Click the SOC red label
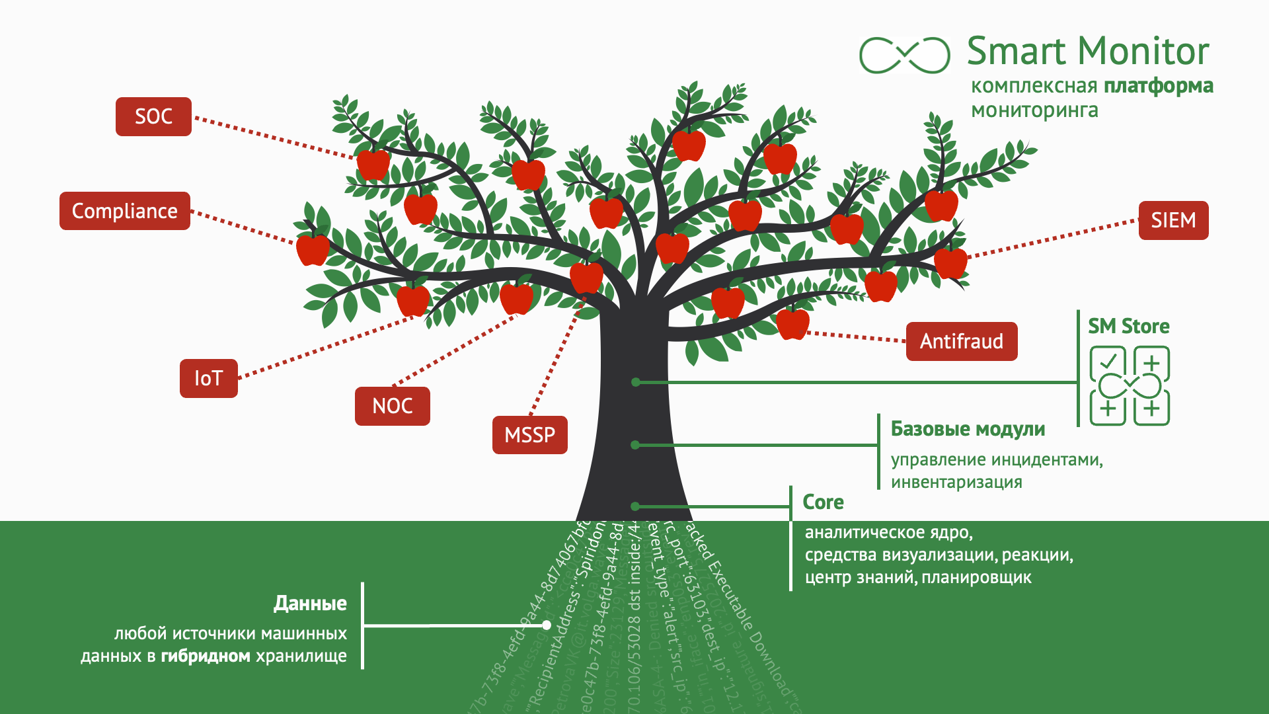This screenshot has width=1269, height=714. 153,117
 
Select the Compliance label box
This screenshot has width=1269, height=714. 124,211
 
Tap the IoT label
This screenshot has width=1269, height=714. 208,378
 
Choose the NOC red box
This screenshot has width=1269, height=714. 392,406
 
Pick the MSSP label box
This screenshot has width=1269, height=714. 529,435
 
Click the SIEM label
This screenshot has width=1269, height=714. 1173,220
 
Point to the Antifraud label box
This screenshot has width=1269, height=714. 961,341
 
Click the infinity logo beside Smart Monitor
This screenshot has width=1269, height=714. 904,54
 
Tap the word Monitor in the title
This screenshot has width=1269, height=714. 1145,52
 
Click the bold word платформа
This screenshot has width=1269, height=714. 1159,86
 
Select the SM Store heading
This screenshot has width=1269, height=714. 1128,327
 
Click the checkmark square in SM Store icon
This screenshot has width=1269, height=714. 1108,362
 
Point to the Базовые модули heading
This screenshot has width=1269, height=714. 968,429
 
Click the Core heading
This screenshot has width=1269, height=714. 823,502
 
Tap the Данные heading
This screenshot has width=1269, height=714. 310,603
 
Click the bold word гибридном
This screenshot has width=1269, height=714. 206,656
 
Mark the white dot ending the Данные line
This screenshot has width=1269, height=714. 547,625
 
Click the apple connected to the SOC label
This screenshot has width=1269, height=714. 373,164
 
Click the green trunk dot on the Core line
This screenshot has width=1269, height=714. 634,506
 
